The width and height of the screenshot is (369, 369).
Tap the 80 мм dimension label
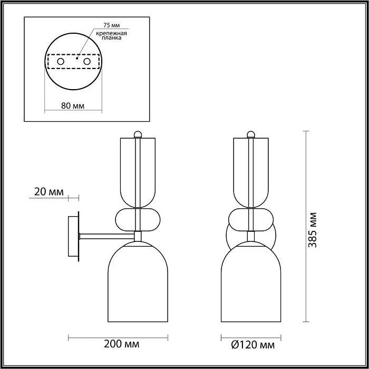coord(73,105)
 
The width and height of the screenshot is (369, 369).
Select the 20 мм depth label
coord(48,192)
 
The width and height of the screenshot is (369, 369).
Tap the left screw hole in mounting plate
coord(61,62)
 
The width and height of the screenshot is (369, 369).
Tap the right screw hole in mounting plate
coord(86,62)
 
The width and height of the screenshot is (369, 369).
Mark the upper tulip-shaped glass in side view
coord(138,171)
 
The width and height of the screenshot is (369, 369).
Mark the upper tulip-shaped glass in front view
coord(251,171)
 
